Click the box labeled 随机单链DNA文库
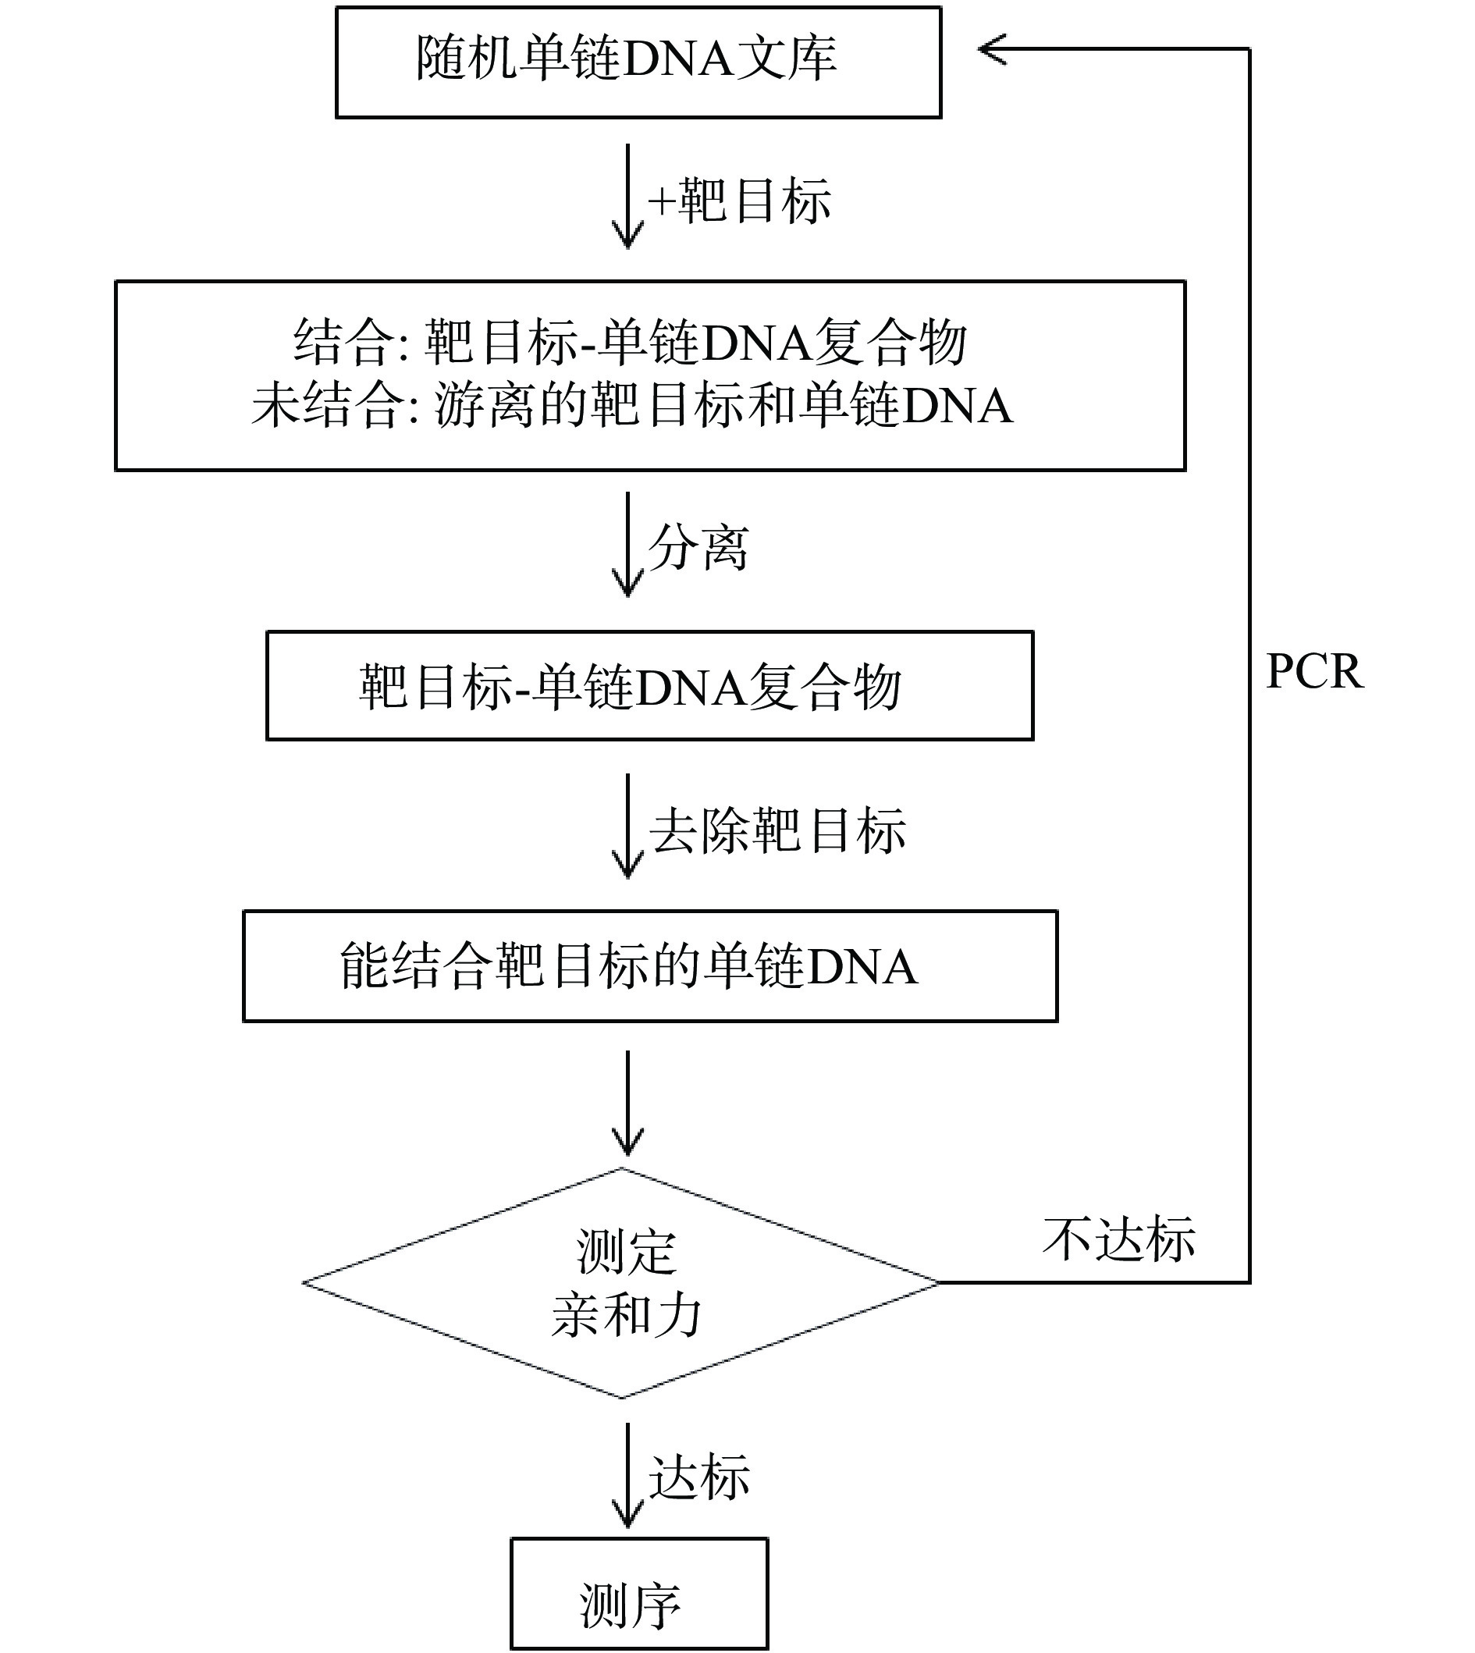[x=638, y=62]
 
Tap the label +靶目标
[x=739, y=200]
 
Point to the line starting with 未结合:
[x=631, y=404]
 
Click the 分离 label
[x=698, y=548]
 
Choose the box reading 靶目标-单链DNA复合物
[x=649, y=685]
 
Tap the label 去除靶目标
[x=777, y=830]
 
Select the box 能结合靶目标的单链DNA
[x=650, y=965]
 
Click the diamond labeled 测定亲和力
[x=621, y=1283]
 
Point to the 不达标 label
[x=1118, y=1239]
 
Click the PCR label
[x=1313, y=672]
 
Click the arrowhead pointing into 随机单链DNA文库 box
[x=993, y=49]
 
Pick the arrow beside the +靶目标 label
[x=627, y=197]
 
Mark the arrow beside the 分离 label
[x=627, y=545]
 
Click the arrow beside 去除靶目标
[x=627, y=826]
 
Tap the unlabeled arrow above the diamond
[x=627, y=1103]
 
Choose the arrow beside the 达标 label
[x=627, y=1475]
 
